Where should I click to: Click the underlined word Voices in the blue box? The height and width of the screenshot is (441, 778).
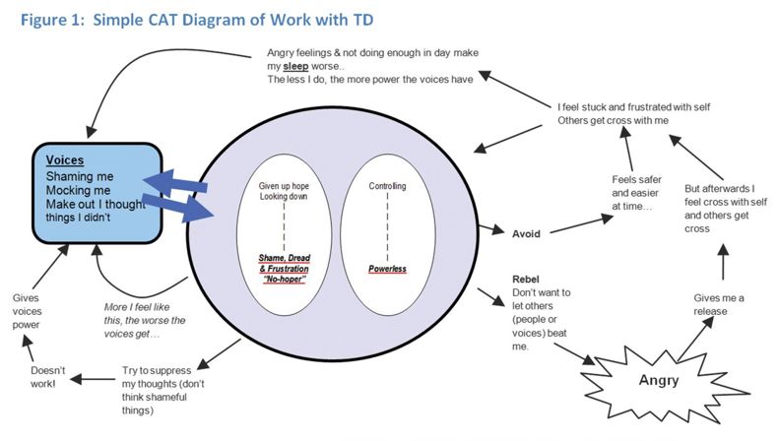pyautogui.click(x=65, y=159)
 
